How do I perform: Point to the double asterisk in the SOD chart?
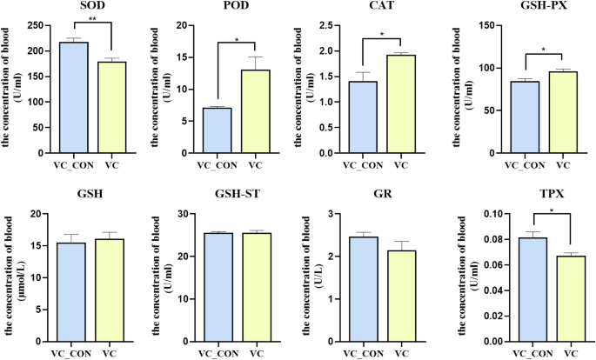92,20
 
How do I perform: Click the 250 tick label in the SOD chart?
36,25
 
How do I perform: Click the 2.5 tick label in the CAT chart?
330,25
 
